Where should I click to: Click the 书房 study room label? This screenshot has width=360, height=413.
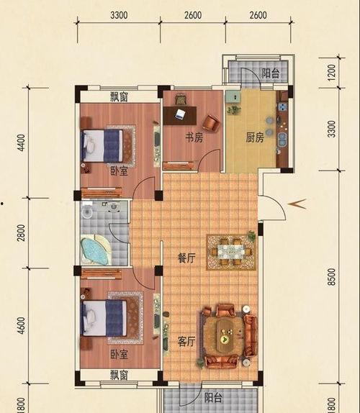(x=194, y=137)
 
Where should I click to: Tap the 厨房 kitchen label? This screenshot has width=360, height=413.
(x=255, y=137)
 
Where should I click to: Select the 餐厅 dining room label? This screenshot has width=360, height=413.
(x=186, y=258)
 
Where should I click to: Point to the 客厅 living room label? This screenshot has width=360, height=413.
(x=186, y=342)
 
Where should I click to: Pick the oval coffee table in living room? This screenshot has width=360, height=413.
(x=225, y=335)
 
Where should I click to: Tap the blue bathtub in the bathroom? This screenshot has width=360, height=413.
(x=94, y=251)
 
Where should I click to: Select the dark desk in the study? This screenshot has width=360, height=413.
(x=180, y=115)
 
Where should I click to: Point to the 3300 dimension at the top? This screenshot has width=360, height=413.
(x=119, y=15)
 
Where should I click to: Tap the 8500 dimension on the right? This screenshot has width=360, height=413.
(x=333, y=277)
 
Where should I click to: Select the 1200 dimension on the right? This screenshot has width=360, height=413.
(x=332, y=73)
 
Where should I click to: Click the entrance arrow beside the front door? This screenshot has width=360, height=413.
(x=297, y=204)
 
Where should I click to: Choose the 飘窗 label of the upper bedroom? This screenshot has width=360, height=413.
(x=119, y=96)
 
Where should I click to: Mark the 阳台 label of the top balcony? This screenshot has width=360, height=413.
(x=271, y=73)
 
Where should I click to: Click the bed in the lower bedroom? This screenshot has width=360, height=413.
(x=104, y=318)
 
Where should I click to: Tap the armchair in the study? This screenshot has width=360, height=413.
(x=211, y=123)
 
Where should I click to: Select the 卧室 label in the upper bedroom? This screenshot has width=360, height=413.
(x=119, y=171)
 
